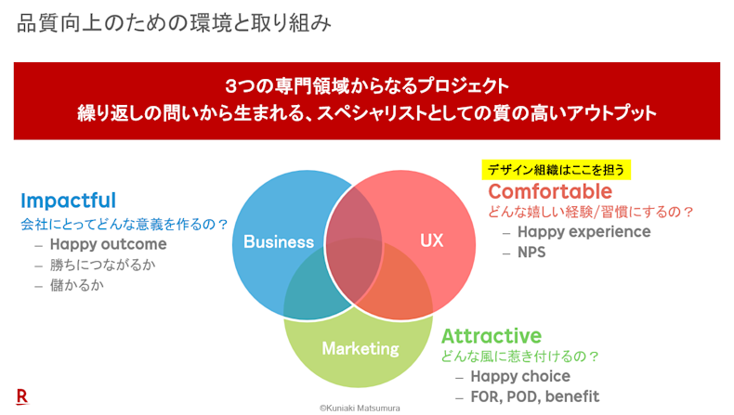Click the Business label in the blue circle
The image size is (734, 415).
point(279,242)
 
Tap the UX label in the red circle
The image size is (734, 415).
point(431,240)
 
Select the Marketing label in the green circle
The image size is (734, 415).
point(360,348)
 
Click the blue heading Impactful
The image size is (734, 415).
point(69,201)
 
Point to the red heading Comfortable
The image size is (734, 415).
point(550,191)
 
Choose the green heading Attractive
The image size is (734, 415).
point(492,336)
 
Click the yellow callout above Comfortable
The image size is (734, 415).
point(557,170)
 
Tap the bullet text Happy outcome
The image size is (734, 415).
point(108,244)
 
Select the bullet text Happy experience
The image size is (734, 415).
point(583,232)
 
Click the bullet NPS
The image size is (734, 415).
point(531,253)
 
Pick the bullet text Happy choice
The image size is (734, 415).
point(520,376)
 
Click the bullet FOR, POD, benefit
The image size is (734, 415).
point(534,396)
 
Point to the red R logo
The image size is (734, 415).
point(22,396)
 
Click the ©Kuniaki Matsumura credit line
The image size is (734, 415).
point(360,409)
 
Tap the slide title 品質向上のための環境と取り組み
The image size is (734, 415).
point(174,23)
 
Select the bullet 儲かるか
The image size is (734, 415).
point(77,285)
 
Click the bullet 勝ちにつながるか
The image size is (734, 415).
point(102,265)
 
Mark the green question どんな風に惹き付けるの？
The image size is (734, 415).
point(520,357)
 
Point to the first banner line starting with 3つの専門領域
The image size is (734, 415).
point(366,86)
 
